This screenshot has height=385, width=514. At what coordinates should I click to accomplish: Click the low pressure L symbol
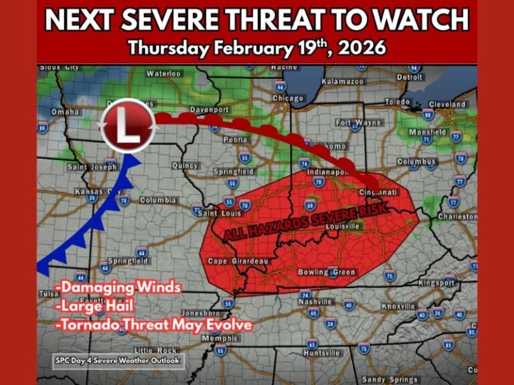(127, 126)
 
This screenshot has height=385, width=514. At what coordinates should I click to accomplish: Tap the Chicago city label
(288, 98)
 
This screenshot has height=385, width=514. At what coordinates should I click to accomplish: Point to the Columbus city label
(416, 162)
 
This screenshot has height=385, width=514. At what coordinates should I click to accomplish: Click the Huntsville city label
(322, 352)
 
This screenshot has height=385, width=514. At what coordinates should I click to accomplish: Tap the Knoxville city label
(398, 306)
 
